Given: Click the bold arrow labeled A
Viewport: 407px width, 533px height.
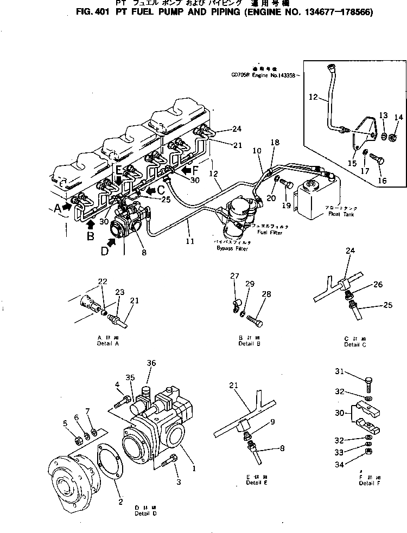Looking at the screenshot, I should (67, 206).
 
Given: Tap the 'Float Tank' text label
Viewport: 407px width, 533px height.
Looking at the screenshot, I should (336, 214).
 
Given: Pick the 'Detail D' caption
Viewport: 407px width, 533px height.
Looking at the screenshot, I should (146, 513).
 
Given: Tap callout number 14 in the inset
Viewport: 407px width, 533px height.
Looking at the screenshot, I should (398, 117).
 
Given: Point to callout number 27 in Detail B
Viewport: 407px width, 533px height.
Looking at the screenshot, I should (234, 276).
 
